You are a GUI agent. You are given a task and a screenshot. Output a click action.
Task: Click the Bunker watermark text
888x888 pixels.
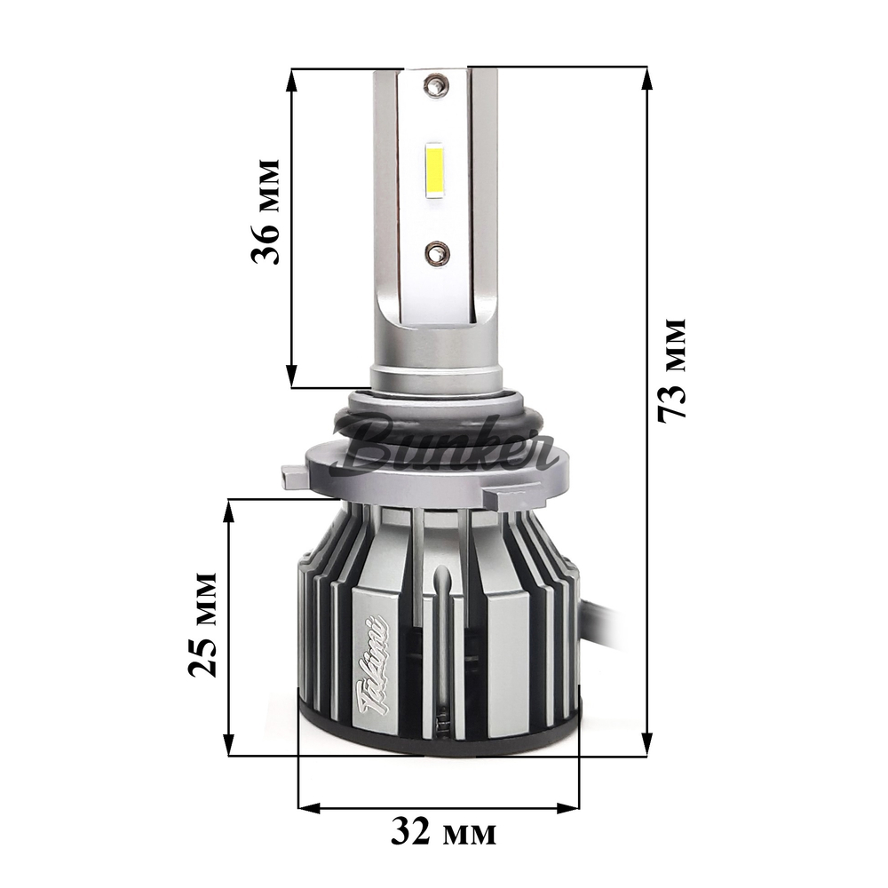453,444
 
